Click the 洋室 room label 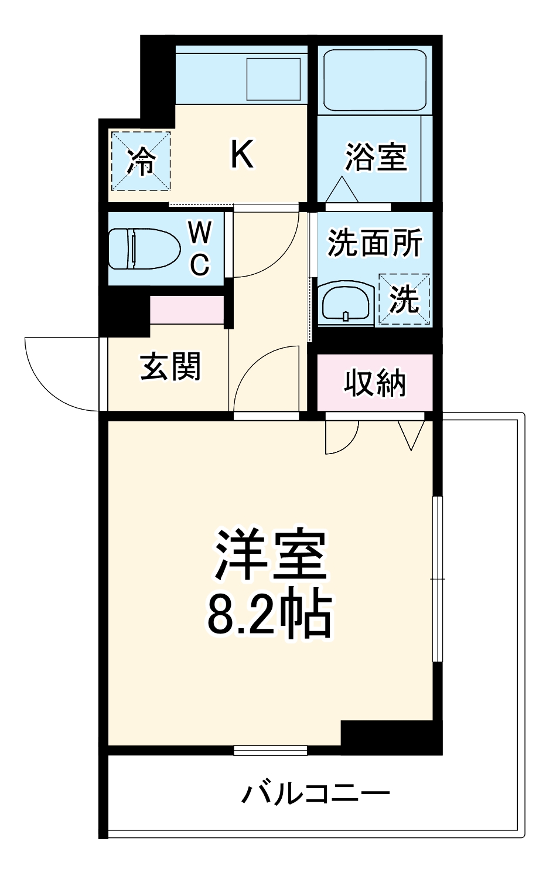tap(270, 554)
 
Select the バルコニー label tap(316, 794)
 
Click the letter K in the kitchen tap(241, 155)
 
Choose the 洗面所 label tap(374, 242)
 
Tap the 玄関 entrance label tap(170, 367)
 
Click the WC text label tap(200, 249)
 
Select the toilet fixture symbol tap(144, 249)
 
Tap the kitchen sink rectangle tap(274, 79)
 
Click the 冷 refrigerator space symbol tap(141, 161)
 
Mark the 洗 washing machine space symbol tap(404, 299)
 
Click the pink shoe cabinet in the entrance tap(187, 309)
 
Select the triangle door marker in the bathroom tap(342, 189)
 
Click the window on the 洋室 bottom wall tap(270, 749)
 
